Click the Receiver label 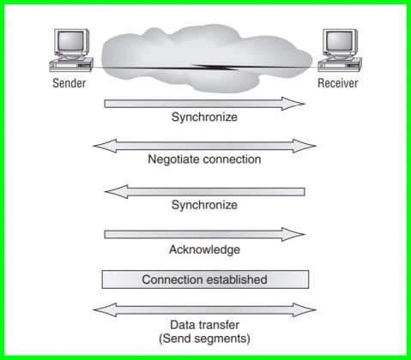click(x=337, y=83)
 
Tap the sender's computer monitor click(x=71, y=42)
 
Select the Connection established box click(x=204, y=279)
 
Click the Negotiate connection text click(x=204, y=159)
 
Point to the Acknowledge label click(x=204, y=249)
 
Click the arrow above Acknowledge click(x=204, y=234)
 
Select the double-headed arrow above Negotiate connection click(x=204, y=146)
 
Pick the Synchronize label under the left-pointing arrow click(x=204, y=205)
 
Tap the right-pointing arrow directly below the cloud click(x=204, y=103)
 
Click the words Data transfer click(x=204, y=325)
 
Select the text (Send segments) click(x=204, y=339)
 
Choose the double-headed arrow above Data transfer click(x=204, y=309)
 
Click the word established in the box click(x=238, y=279)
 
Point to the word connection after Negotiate click(x=231, y=159)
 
